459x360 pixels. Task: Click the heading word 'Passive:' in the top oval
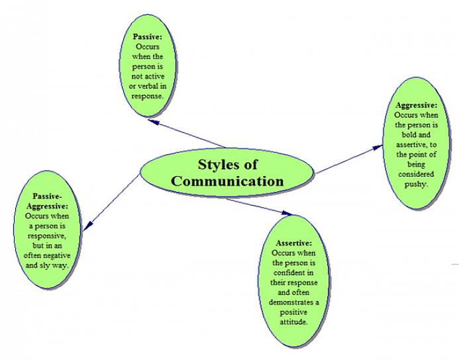point(147,37)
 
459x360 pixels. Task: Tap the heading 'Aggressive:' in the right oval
point(416,105)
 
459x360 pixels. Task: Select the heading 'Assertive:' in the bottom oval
point(291,243)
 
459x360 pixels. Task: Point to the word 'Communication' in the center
point(227,181)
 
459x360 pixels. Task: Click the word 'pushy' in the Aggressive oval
point(415,184)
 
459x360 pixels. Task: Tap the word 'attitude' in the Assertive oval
point(293,322)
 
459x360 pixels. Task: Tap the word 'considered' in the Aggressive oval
point(415,174)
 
